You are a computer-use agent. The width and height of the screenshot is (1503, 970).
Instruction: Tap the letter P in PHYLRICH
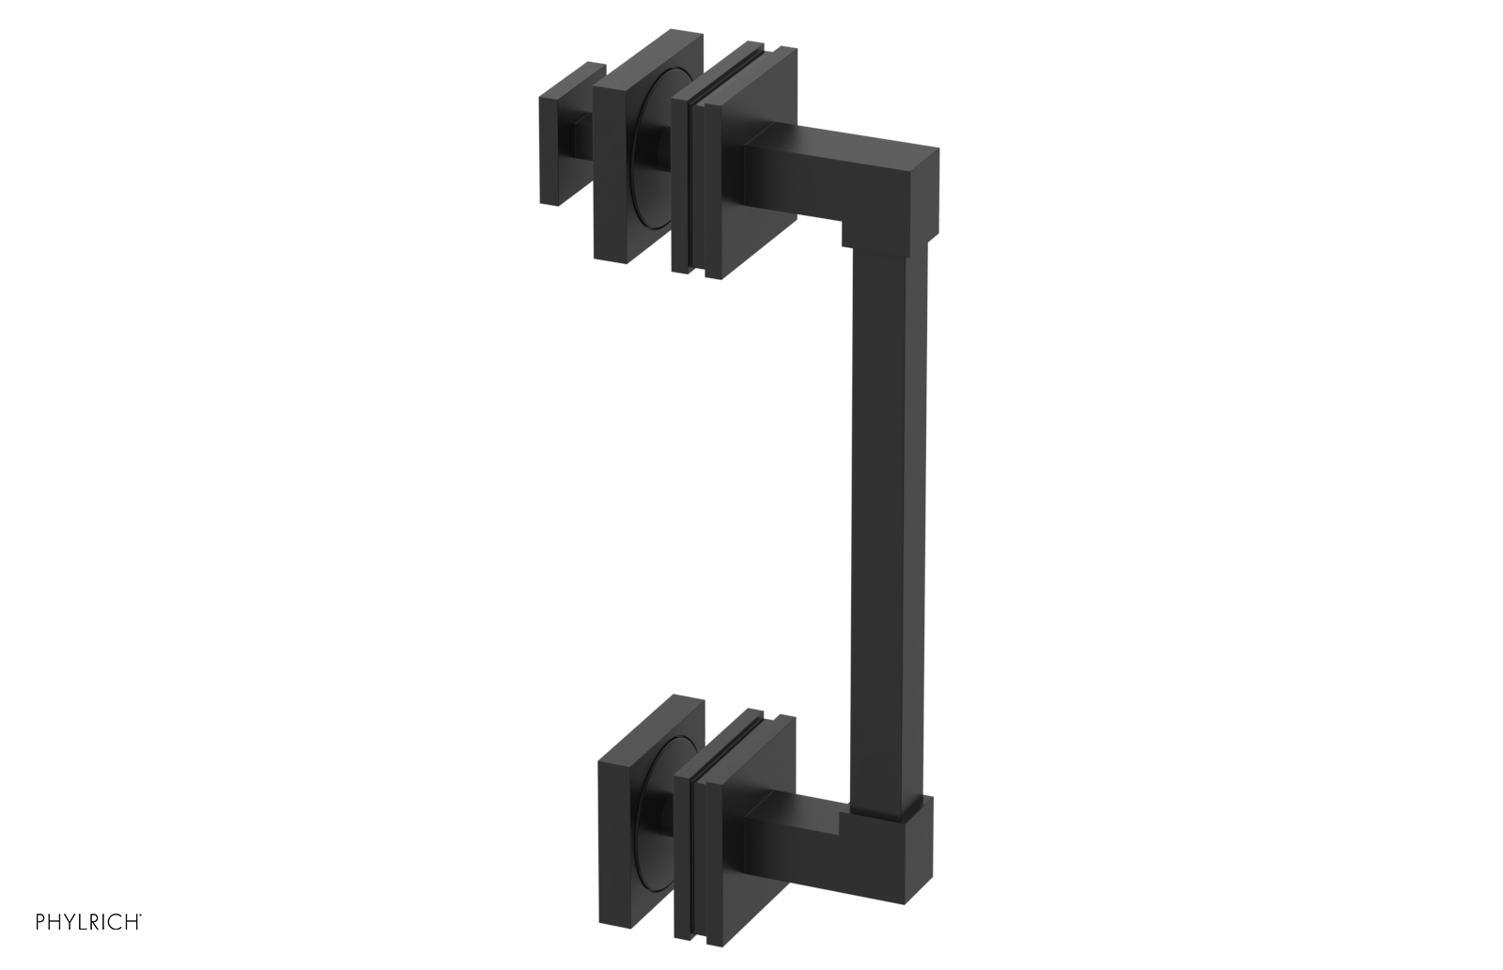coord(40,922)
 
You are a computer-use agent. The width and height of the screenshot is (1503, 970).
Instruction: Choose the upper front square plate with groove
coord(742,160)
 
